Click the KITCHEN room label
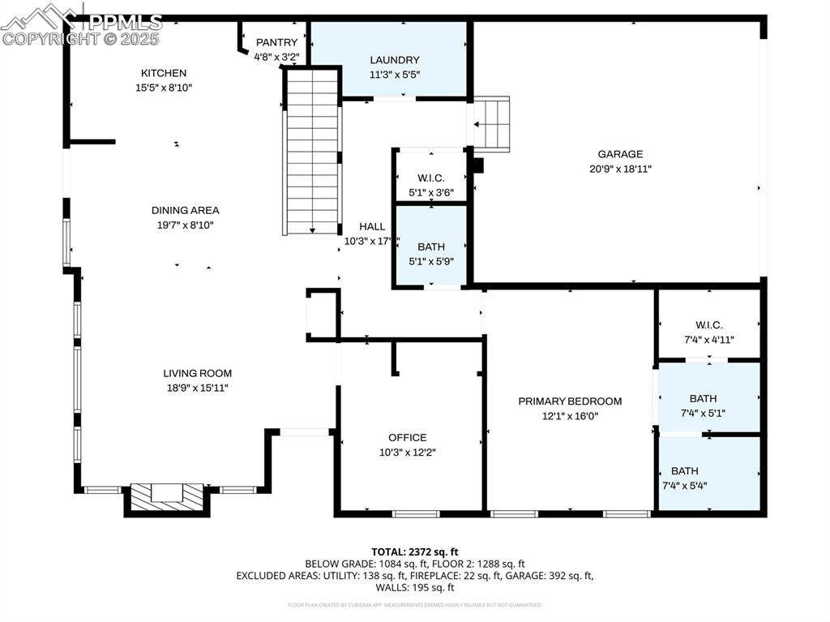coord(163,73)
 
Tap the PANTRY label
coord(276,42)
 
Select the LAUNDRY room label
coord(395,60)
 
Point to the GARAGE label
coord(620,154)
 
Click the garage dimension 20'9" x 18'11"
coord(620,169)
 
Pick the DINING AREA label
coord(185,210)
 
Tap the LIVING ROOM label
coord(197,373)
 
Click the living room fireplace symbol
coord(167,497)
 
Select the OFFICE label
coord(407,438)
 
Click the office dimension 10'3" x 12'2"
coord(407,453)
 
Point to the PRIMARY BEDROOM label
coord(570,401)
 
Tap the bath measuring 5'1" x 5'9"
coord(430,247)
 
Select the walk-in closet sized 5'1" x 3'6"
coord(430,178)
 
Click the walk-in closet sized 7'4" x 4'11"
coord(708,325)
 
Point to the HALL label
coord(372,227)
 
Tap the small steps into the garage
coord(491,124)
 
